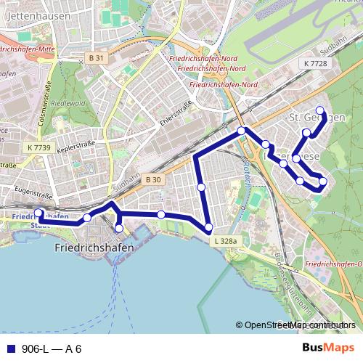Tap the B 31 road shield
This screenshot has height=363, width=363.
click(96, 57)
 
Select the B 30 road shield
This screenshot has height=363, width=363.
click(152, 179)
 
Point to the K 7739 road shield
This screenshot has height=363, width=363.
click(38, 147)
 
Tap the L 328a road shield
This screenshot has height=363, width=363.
click(226, 240)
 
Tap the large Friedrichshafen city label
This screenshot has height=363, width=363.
click(94, 248)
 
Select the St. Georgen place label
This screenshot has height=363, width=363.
click(317, 118)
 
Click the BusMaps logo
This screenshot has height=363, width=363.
click(329, 348)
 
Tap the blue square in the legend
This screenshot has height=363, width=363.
click(10, 348)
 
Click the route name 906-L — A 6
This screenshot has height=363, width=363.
click(52, 348)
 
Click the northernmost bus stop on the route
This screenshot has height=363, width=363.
click(319, 110)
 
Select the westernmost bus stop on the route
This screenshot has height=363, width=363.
click(39, 213)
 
